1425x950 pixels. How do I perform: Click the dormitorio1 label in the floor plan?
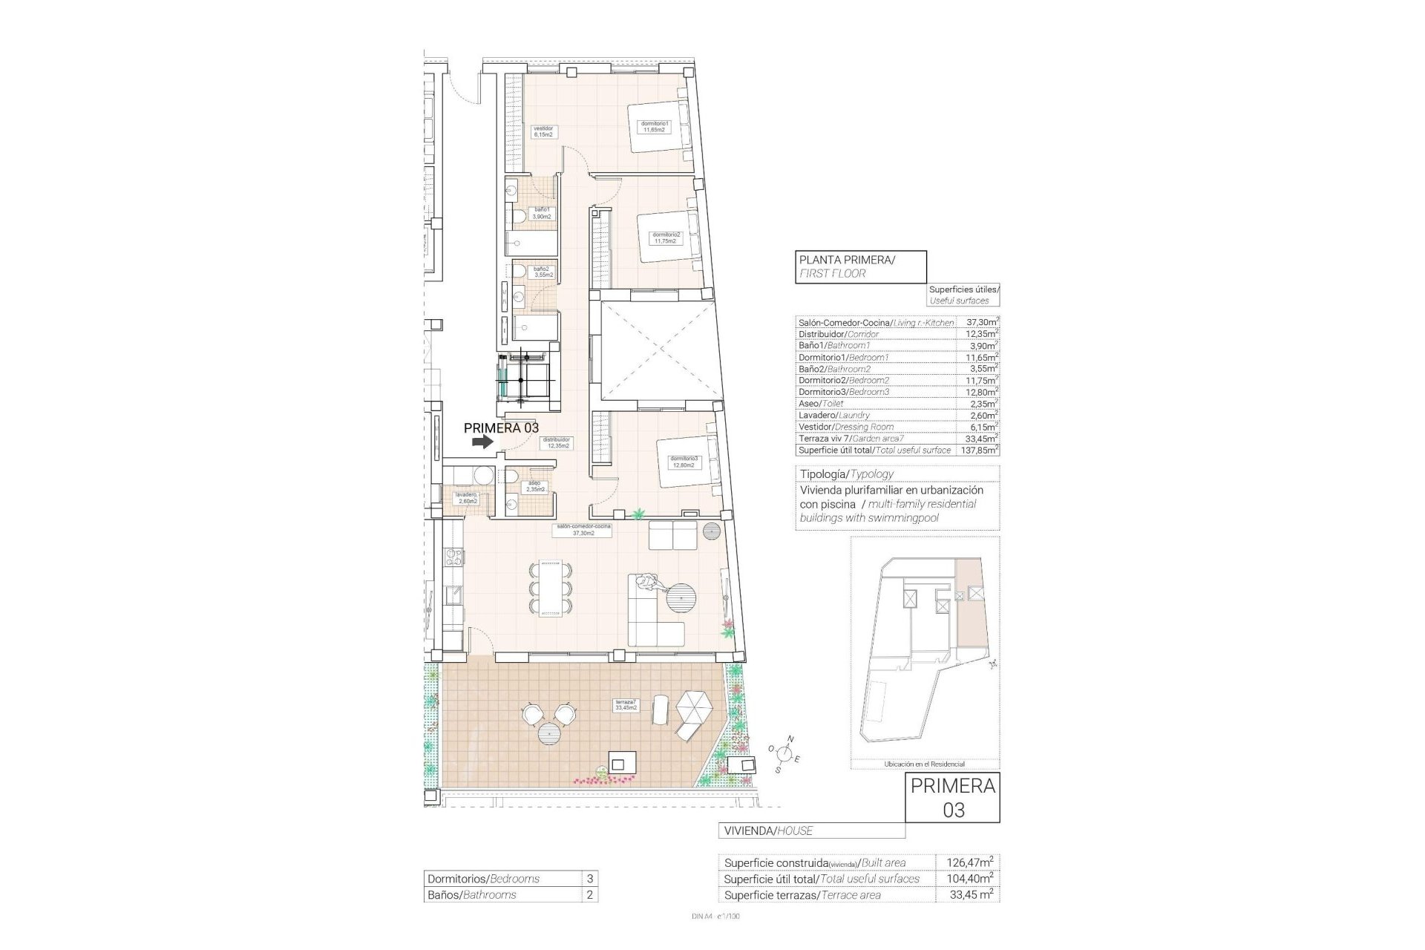pyautogui.click(x=655, y=127)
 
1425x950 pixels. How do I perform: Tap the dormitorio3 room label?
pyautogui.click(x=683, y=462)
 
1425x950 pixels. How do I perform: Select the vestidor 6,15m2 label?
pyautogui.click(x=543, y=131)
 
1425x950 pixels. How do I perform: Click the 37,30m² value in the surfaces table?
pyautogui.click(x=980, y=323)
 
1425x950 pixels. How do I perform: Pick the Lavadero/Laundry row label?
pyautogui.click(x=833, y=416)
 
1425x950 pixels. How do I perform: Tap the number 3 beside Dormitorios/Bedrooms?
pyautogui.click(x=589, y=879)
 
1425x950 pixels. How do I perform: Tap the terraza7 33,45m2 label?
pyautogui.click(x=626, y=704)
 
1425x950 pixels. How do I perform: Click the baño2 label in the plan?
pyautogui.click(x=542, y=272)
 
